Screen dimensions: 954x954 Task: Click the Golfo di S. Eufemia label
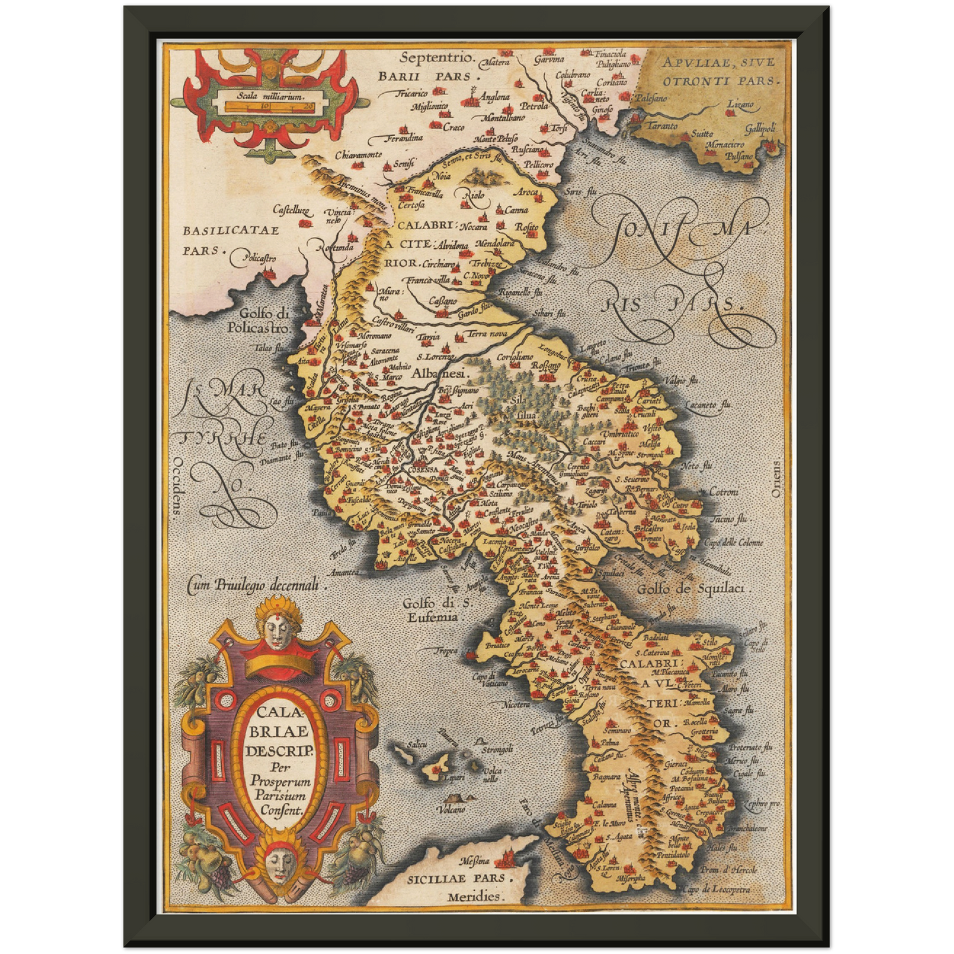click(x=430, y=609)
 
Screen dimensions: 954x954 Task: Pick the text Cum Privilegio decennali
click(x=257, y=583)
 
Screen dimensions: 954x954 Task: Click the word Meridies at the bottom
click(x=473, y=897)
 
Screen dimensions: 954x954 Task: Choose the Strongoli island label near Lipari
click(x=496, y=750)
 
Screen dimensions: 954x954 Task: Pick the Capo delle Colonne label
click(x=733, y=543)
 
